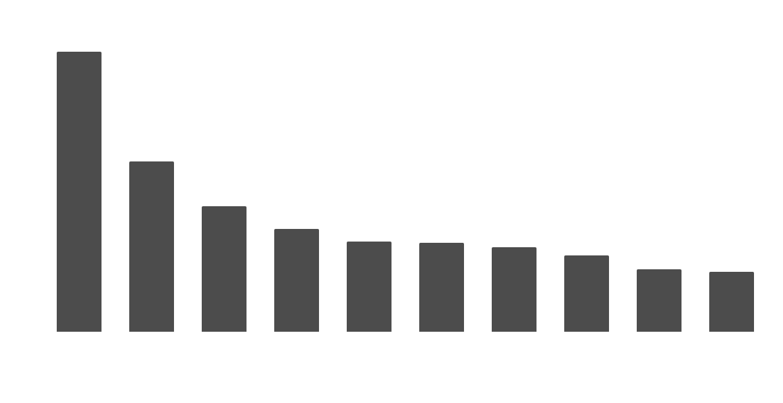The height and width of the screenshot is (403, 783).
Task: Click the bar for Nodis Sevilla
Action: point(79,192)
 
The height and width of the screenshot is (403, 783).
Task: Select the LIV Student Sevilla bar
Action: point(151,247)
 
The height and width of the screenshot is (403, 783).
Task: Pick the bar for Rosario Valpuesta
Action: point(441,288)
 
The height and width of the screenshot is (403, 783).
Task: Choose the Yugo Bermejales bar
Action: point(731,302)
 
